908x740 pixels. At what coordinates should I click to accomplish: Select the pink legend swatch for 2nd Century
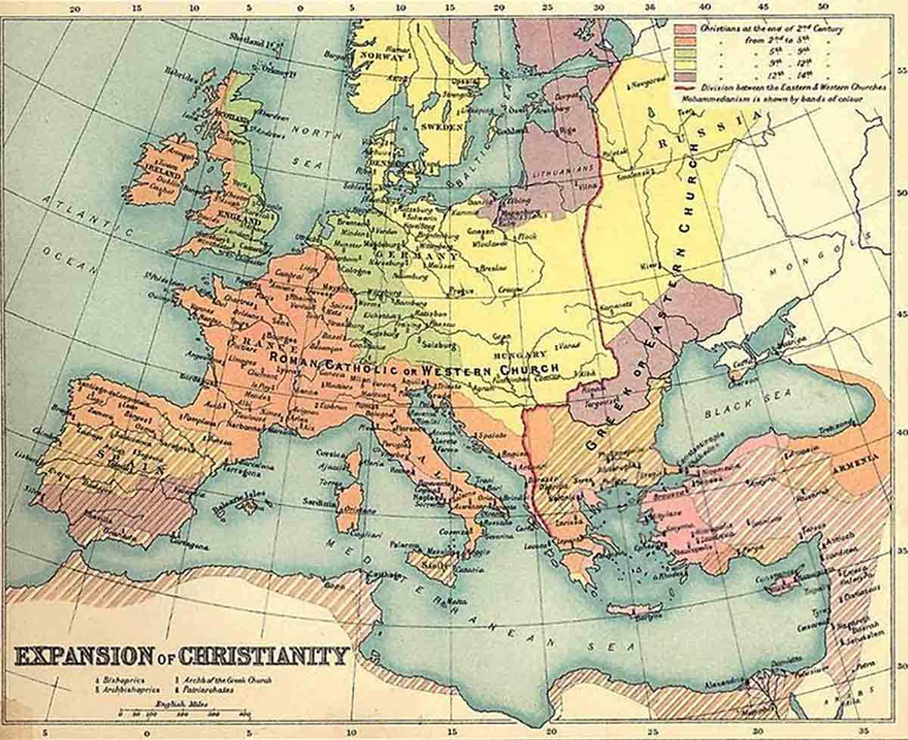pos(686,28)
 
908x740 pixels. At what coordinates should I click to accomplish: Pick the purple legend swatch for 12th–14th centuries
pos(686,76)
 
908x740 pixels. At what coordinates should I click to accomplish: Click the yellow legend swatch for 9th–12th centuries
pos(686,64)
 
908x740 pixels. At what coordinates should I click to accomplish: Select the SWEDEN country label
pos(441,127)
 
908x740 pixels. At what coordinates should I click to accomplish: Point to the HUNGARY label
pos(519,353)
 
